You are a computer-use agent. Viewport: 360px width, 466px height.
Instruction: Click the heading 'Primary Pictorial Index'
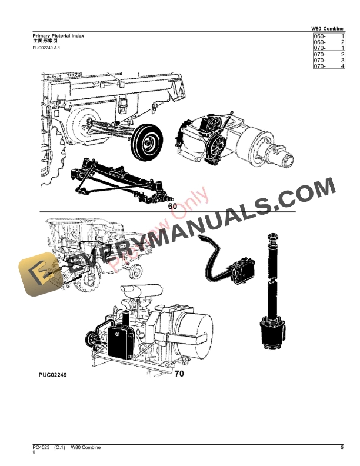click(58, 36)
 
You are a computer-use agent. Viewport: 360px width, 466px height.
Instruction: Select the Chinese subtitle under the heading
click(45, 42)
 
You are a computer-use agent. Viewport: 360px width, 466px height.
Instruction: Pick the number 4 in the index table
click(342, 66)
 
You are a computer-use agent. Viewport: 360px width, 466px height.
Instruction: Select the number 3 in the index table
click(342, 61)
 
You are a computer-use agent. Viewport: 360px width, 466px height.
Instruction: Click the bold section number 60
click(172, 207)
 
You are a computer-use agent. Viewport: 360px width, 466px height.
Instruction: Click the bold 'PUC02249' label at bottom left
click(52, 374)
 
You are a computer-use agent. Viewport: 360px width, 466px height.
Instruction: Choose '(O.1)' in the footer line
click(61, 448)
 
